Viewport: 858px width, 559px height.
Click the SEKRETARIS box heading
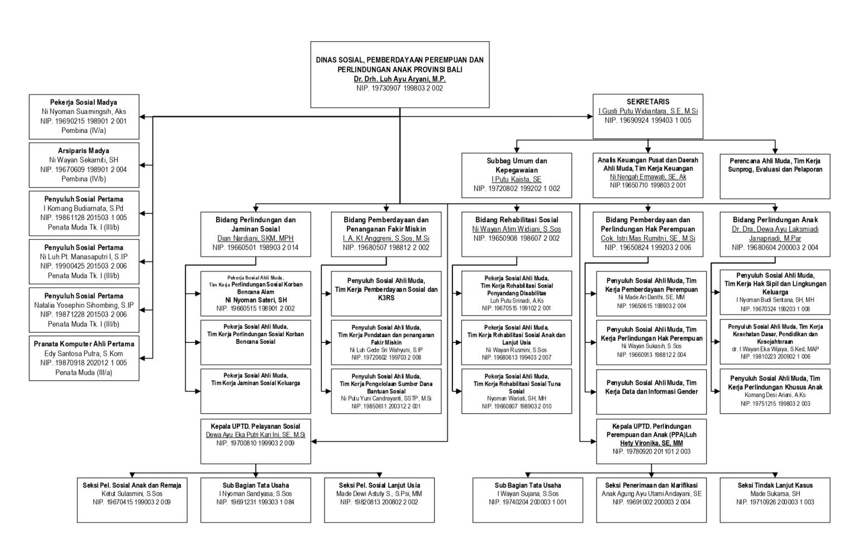[647, 102]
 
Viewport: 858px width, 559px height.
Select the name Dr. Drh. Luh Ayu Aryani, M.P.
[400, 79]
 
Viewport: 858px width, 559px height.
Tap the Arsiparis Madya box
[84, 165]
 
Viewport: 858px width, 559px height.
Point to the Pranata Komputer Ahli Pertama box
[84, 358]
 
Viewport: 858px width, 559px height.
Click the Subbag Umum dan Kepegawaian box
[517, 175]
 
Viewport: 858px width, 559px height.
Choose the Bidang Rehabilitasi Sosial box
[517, 233]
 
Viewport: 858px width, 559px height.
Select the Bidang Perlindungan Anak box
[775, 233]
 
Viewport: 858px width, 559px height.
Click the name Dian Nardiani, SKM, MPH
[255, 238]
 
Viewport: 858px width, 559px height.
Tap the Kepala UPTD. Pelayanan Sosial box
[255, 441]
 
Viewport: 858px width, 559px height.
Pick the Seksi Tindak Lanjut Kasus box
[775, 500]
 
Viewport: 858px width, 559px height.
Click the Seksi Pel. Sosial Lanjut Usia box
[379, 500]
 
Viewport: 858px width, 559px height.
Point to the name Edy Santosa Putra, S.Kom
[84, 353]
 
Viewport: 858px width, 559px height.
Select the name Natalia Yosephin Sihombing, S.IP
[84, 305]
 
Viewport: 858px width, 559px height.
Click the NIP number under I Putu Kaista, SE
[517, 189]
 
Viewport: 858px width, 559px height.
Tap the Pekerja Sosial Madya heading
[84, 102]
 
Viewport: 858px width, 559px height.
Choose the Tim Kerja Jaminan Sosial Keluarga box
[255, 390]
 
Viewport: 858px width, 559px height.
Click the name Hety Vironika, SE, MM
[651, 443]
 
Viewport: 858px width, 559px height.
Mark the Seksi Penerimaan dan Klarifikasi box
[651, 500]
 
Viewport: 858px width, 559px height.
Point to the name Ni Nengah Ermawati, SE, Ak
[648, 177]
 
